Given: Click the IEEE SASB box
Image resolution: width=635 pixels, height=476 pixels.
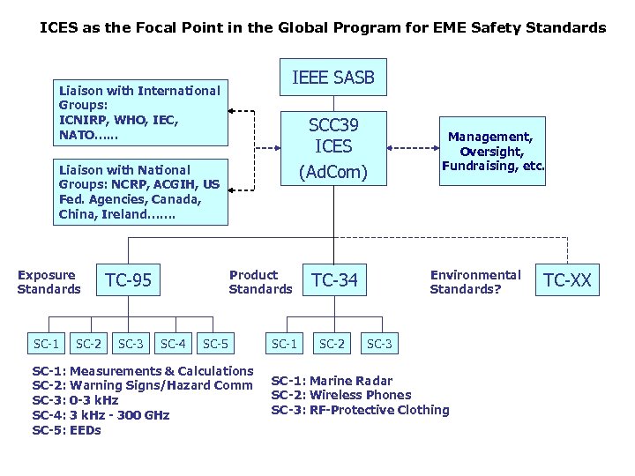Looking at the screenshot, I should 333,78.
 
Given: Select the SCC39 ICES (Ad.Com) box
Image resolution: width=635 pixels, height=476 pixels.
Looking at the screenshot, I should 333,147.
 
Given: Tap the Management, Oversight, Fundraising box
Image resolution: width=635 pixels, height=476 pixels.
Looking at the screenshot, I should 493,152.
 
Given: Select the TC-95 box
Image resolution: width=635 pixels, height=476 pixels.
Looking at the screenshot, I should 129,281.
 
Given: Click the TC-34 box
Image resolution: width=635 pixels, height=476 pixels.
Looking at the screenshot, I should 334,281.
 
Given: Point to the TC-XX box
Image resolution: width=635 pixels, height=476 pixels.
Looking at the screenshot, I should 567,281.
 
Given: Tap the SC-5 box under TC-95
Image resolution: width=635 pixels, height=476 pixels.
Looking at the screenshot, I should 216,343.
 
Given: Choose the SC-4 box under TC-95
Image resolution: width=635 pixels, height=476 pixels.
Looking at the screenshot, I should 173,343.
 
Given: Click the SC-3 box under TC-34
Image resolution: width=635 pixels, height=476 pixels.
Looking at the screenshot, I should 379,343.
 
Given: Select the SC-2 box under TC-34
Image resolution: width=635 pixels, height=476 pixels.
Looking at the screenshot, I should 332,343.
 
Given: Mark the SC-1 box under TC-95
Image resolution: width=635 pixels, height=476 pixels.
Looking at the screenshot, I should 46,343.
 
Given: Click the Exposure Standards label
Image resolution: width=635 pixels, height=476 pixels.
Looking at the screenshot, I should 49,282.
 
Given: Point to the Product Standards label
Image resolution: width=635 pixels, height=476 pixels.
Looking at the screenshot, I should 260,282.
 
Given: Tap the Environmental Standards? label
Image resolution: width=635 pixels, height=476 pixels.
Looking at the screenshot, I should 475,282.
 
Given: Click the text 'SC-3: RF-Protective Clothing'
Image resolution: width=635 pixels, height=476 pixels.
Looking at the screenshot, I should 360,410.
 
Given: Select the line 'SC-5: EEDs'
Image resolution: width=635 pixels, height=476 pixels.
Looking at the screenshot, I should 67,430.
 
